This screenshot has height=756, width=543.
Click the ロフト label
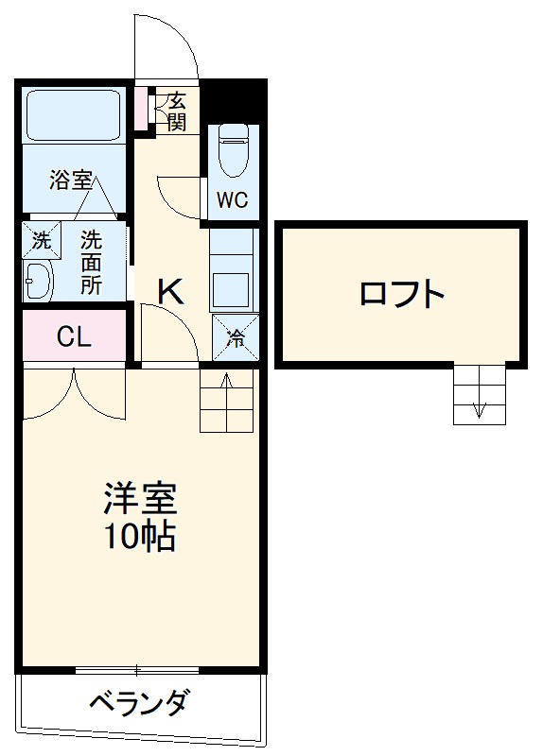point(401,294)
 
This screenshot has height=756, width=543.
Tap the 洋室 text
point(141,499)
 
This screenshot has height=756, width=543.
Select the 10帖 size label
point(141,537)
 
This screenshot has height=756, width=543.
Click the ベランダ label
point(139,704)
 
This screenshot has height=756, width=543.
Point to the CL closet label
point(74,337)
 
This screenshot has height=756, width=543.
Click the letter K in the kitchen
point(170,293)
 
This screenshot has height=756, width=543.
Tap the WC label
point(231,200)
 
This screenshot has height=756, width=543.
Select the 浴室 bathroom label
point(71,180)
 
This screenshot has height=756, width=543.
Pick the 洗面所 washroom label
point(92,262)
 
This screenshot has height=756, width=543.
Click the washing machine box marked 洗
point(42,240)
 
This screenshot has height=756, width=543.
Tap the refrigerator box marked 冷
point(233,336)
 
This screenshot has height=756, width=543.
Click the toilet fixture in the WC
point(232,151)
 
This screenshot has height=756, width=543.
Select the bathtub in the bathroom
point(71,115)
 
